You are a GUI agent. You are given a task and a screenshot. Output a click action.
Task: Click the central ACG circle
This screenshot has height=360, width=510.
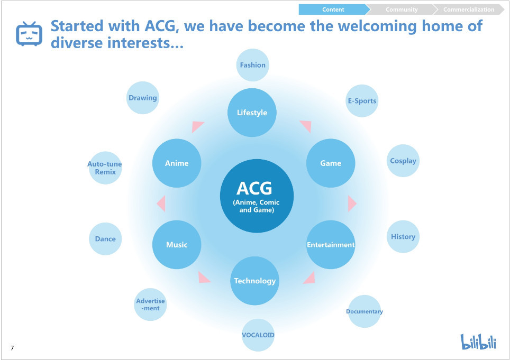pyautogui.click(x=257, y=196)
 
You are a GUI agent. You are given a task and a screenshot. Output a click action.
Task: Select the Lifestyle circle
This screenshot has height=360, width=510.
pyautogui.click(x=252, y=113)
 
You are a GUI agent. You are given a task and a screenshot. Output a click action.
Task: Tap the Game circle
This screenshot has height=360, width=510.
pyautogui.click(x=331, y=163)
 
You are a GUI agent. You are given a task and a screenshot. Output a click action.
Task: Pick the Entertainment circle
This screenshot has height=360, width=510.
pyautogui.click(x=331, y=245)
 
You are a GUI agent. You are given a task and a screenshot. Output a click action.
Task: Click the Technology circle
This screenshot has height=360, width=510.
pyautogui.click(x=255, y=281)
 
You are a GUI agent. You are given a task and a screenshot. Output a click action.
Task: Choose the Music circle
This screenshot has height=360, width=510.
pyautogui.click(x=177, y=245)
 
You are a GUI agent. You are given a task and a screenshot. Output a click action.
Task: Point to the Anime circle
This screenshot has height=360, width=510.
pyautogui.click(x=177, y=163)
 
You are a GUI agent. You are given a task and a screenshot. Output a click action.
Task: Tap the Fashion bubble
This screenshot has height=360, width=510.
pyautogui.click(x=252, y=65)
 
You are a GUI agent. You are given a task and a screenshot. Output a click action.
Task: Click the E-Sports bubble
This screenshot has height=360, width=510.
pyautogui.click(x=362, y=101)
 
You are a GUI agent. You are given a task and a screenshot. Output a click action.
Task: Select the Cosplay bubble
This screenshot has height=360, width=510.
pyautogui.click(x=403, y=161)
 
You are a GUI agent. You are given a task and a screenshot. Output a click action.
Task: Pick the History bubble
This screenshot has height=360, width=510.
pyautogui.click(x=403, y=237)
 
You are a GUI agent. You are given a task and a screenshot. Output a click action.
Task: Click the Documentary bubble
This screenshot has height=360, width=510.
pyautogui.click(x=365, y=311)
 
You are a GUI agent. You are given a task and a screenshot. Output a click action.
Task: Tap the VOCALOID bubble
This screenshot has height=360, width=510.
pyautogui.click(x=258, y=335)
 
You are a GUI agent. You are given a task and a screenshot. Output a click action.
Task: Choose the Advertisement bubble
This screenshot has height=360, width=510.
pyautogui.click(x=151, y=304)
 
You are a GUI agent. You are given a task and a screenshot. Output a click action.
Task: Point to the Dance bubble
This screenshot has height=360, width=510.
pyautogui.click(x=105, y=239)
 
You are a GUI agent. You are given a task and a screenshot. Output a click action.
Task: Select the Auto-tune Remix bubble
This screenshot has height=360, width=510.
pyautogui.click(x=105, y=168)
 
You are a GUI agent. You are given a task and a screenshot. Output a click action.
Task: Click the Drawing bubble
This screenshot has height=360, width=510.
pyautogui.click(x=143, y=98)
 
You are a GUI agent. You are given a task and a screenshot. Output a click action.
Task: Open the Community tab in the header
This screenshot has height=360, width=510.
pyautogui.click(x=402, y=10)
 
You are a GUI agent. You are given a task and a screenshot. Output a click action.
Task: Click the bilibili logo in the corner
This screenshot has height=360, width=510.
pyautogui.click(x=478, y=341)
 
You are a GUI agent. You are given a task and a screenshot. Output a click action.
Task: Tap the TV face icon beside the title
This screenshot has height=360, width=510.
pyautogui.click(x=29, y=34)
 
